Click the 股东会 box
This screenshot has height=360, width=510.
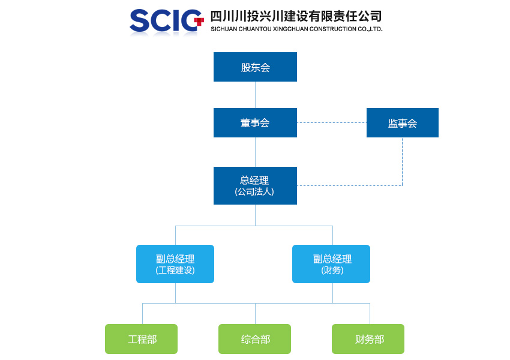coord(255,67)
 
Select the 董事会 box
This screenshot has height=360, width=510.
coord(255,122)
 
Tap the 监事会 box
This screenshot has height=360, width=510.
coord(403,122)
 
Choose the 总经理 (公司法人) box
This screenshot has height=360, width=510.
coord(255,185)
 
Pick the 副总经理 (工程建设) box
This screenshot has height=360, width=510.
coord(175,264)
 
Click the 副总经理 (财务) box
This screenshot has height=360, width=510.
coord(331,264)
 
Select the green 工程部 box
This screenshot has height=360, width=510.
coord(141,339)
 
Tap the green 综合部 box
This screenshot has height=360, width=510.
coord(254,339)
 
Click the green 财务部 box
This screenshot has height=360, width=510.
coord(368,339)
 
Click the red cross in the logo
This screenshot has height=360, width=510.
coord(199,22)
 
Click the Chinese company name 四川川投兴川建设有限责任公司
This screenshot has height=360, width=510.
coord(296,16)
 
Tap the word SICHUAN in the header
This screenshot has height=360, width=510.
coord(224,29)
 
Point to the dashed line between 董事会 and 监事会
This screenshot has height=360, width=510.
coord(332,122)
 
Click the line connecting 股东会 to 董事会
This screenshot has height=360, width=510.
coord(255,95)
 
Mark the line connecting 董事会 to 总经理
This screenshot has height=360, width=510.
coord(255,152)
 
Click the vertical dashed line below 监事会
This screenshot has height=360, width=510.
coord(403,161)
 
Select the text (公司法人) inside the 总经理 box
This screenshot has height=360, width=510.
coord(254,192)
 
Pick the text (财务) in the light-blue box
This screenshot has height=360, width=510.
coord(332,270)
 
